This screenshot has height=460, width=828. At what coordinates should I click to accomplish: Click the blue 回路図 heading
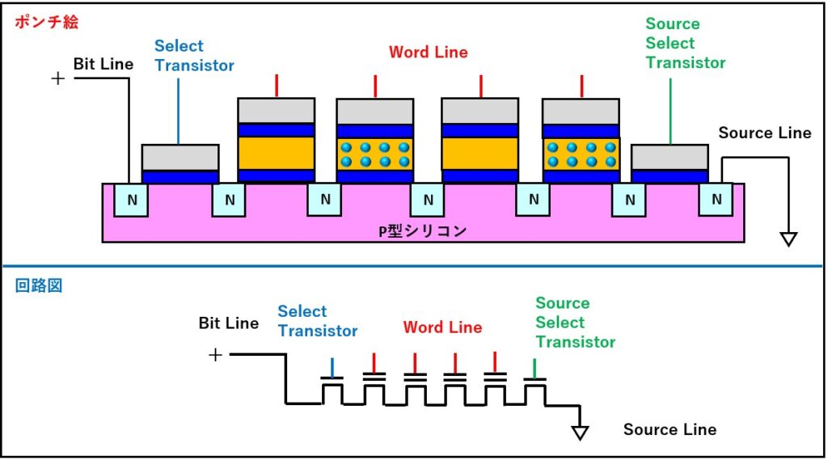point(37,285)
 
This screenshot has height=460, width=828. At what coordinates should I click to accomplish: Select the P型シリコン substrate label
point(423,230)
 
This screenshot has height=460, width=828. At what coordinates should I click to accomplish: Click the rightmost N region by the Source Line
point(716,200)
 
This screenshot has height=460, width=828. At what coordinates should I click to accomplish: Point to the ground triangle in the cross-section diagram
point(788,238)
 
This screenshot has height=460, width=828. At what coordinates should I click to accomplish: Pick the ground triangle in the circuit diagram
point(579,433)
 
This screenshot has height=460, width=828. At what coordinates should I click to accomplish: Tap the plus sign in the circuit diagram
point(215,355)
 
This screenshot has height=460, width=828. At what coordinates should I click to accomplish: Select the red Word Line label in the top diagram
point(428,53)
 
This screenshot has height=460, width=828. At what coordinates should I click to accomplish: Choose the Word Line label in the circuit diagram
point(442,327)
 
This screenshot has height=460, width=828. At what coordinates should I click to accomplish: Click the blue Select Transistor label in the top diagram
point(194,56)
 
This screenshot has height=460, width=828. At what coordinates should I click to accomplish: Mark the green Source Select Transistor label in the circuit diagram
point(575,323)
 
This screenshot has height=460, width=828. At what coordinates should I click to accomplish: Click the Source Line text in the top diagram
point(764,133)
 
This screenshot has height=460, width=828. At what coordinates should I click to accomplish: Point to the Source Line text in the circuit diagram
point(670,429)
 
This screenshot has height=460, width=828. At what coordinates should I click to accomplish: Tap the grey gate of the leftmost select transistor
point(180,157)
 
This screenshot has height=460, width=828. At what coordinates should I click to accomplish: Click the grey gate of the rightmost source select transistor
point(669,157)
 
